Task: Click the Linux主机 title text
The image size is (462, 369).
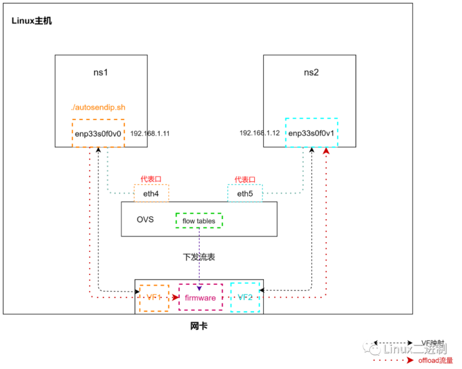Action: point(32,21)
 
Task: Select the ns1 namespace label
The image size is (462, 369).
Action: point(101,73)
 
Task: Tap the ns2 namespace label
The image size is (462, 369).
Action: point(311,73)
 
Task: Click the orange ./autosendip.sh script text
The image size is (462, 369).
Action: point(98,108)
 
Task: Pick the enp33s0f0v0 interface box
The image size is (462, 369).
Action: point(98,133)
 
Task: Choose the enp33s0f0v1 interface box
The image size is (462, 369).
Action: point(311,133)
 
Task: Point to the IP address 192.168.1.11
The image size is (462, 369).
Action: point(150,133)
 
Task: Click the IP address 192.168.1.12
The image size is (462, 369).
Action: point(260,133)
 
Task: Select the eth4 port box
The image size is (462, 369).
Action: point(151,194)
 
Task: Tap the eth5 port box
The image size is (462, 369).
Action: point(245,194)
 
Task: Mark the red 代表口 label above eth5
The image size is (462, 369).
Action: point(245,179)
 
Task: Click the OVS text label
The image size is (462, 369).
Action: point(145,220)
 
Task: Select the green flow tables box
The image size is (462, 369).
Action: point(199,221)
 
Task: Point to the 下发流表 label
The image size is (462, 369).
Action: point(199,257)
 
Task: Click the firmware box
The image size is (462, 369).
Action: point(200,298)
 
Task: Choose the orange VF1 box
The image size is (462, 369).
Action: point(154,298)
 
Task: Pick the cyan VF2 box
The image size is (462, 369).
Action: point(245,298)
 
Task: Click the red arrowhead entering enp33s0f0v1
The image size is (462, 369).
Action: point(326,151)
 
